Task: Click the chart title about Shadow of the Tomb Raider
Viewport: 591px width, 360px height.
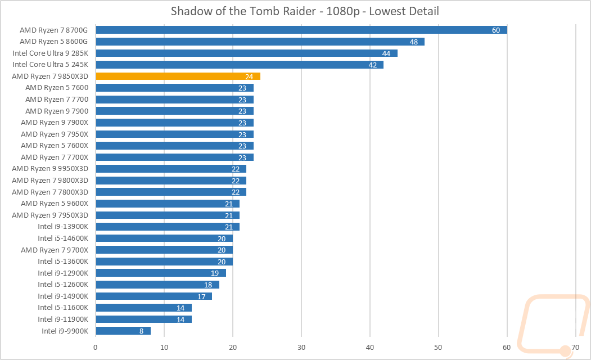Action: pos(295,12)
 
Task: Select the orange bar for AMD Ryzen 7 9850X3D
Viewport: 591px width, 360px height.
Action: pos(178,76)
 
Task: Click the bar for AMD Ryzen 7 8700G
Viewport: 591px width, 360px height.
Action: pos(301,30)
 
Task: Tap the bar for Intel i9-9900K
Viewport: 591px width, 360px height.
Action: pos(123,331)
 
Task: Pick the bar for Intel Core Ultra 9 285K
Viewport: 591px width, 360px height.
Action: pos(246,53)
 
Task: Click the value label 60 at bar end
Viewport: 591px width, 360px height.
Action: pos(495,30)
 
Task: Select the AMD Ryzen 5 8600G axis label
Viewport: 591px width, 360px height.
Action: pos(57,42)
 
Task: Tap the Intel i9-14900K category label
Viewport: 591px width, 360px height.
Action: pos(63,296)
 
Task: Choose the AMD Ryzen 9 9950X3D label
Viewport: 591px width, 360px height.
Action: pos(54,169)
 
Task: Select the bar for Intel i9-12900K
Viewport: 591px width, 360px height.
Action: pos(161,273)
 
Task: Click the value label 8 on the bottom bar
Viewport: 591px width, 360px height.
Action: pos(142,331)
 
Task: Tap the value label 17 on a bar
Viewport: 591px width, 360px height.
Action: pos(201,296)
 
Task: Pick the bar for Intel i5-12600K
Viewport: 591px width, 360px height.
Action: pos(157,285)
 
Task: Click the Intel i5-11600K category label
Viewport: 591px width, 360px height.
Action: pos(63,308)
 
